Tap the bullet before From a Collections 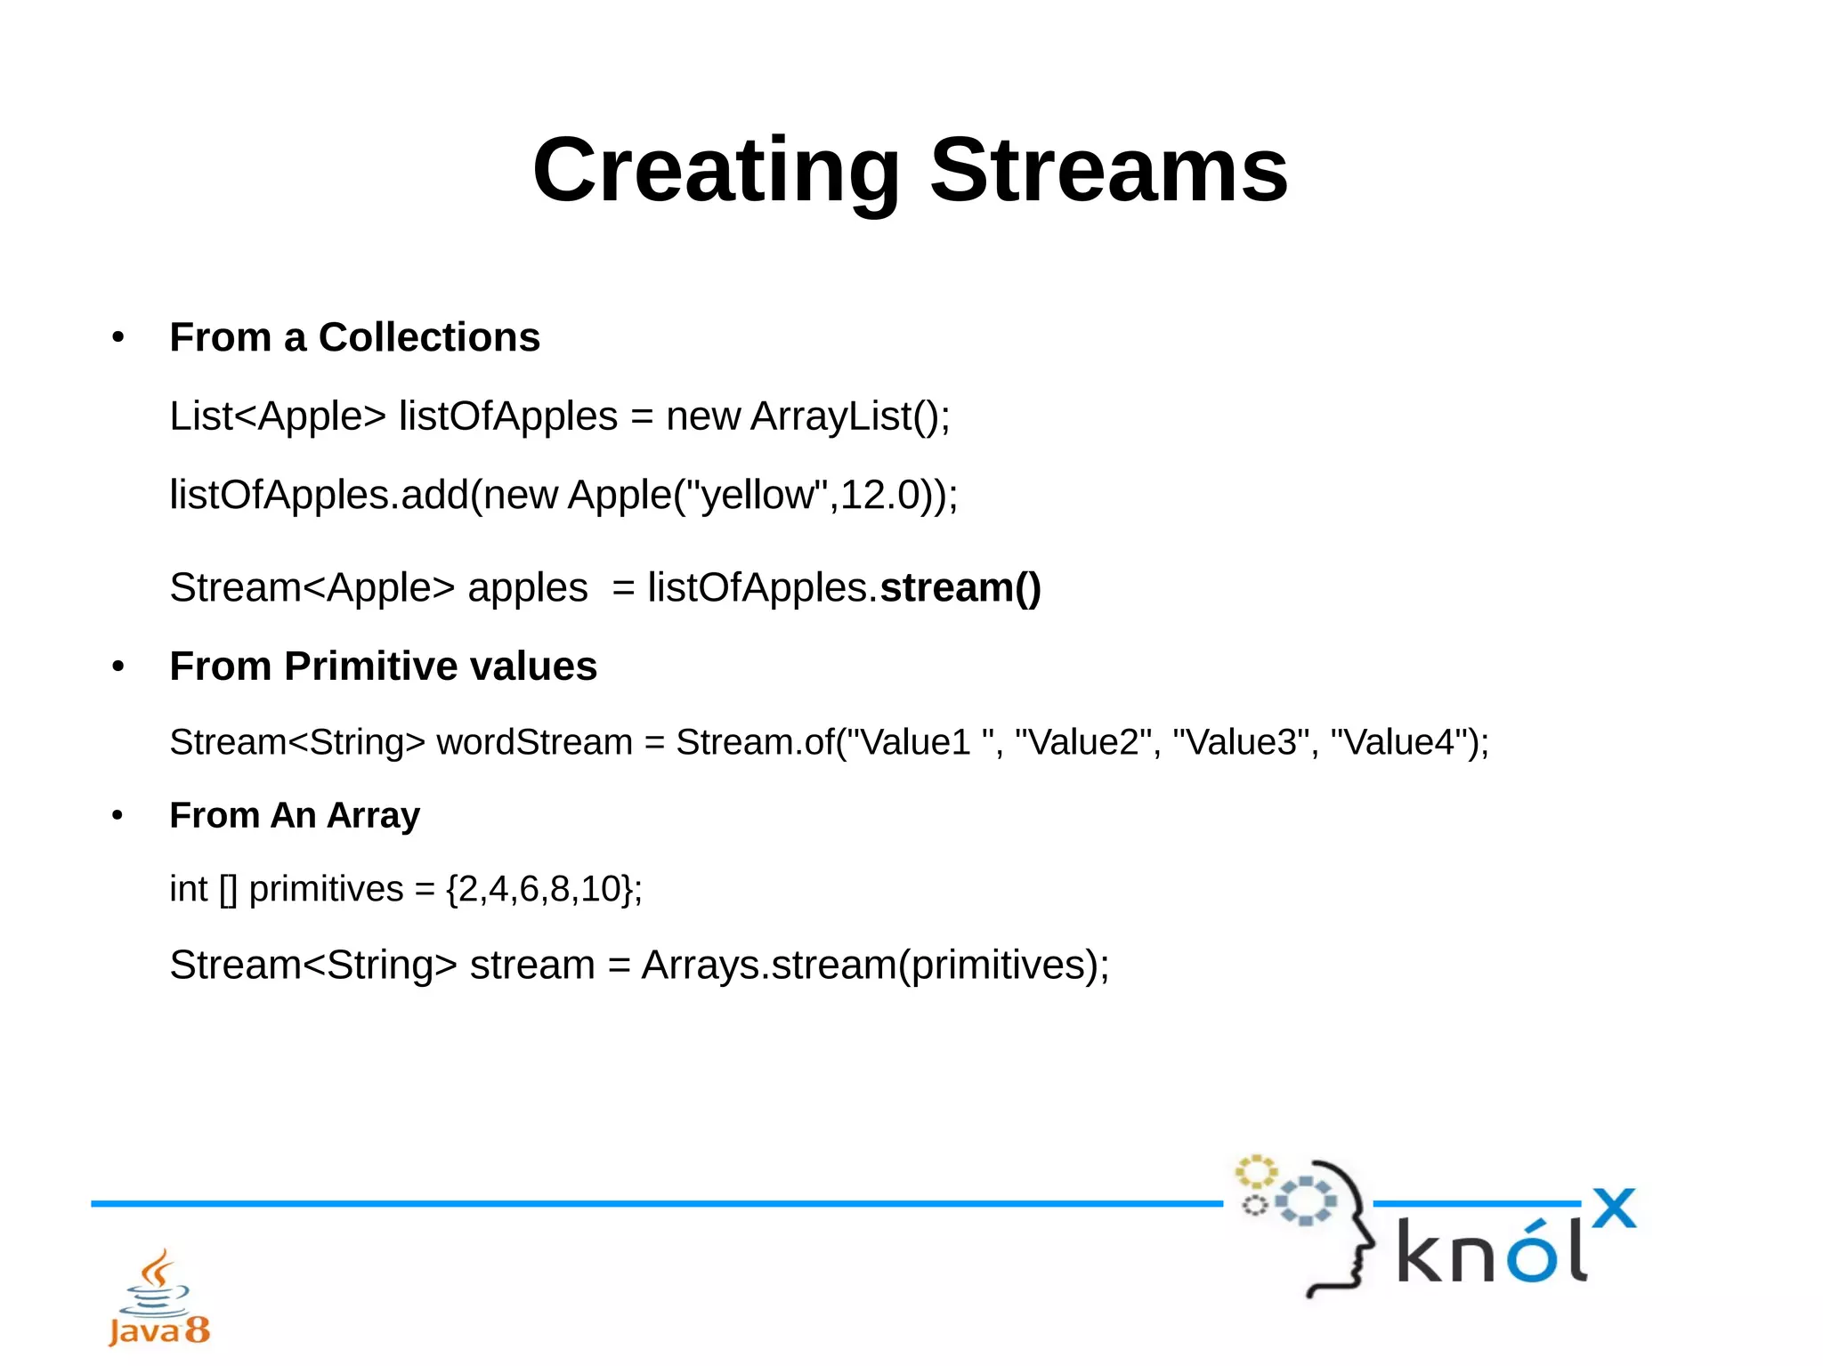tap(117, 338)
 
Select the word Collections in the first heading tap(429, 338)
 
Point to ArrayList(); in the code tap(850, 416)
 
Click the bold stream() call tap(960, 588)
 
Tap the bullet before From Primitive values tap(117, 667)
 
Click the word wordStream tap(534, 742)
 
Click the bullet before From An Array tap(117, 815)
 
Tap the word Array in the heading tap(373, 816)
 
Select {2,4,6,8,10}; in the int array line tap(544, 889)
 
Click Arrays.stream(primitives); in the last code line tap(875, 966)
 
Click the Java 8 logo tap(158, 1299)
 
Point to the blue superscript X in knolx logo tap(1614, 1208)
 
